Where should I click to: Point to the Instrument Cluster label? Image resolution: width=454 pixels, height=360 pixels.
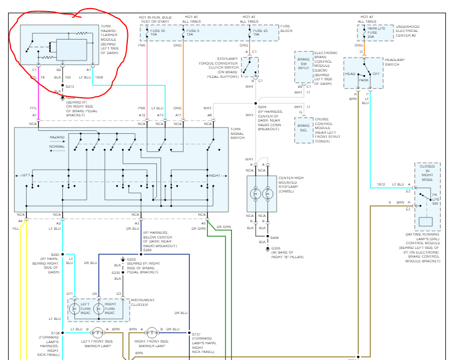143,303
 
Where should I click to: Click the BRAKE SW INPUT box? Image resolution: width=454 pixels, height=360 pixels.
303,63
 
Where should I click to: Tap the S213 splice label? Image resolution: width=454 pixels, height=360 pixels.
70,86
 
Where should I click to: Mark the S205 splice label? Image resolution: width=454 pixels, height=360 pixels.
263,106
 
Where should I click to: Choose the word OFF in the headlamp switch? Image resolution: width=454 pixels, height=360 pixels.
376,74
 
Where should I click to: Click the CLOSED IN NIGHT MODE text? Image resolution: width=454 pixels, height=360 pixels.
427,173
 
